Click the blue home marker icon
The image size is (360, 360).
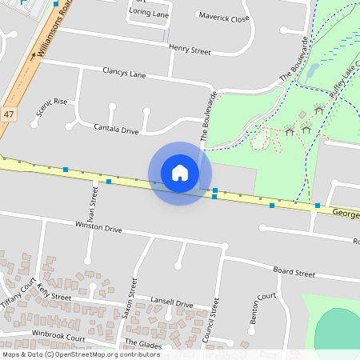180,173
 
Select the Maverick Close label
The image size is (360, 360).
224,17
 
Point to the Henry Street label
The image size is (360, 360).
190,50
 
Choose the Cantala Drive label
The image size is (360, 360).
116,128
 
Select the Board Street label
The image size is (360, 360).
294,273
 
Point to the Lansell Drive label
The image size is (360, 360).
172,304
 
